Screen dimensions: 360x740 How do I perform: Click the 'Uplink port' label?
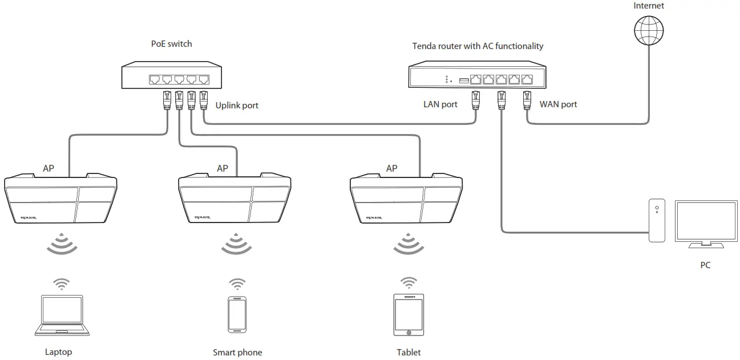pos(237,105)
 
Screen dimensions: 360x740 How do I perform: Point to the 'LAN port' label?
pos(440,104)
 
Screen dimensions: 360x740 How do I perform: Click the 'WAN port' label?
pos(558,104)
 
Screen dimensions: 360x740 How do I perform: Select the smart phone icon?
pos(237,315)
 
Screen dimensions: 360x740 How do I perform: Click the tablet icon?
pos(409,315)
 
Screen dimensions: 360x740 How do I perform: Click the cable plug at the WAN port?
pos(527,100)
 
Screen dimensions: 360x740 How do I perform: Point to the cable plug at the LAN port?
pos(475,100)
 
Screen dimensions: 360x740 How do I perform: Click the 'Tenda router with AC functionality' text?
pos(478,46)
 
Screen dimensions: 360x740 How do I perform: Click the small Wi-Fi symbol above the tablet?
pos(408,282)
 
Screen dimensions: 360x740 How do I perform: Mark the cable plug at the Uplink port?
pos(204,100)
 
